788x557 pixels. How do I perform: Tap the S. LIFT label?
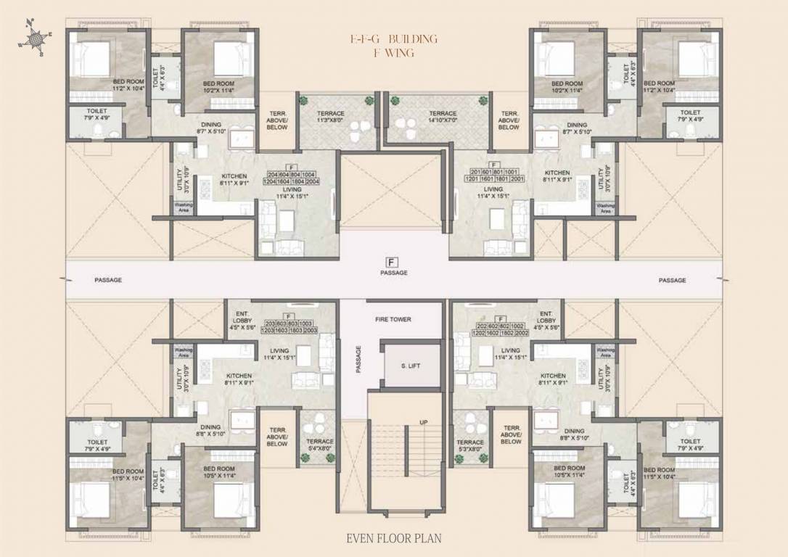(410, 366)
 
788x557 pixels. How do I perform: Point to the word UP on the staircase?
(423, 422)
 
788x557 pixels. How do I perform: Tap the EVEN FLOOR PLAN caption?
(394, 538)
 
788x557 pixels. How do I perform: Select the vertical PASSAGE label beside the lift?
(358, 359)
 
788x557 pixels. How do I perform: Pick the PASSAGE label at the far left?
(107, 280)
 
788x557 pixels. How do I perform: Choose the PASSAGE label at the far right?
(673, 280)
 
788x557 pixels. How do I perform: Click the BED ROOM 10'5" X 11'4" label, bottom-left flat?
(219, 472)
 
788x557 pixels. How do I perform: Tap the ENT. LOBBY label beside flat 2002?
(546, 321)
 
